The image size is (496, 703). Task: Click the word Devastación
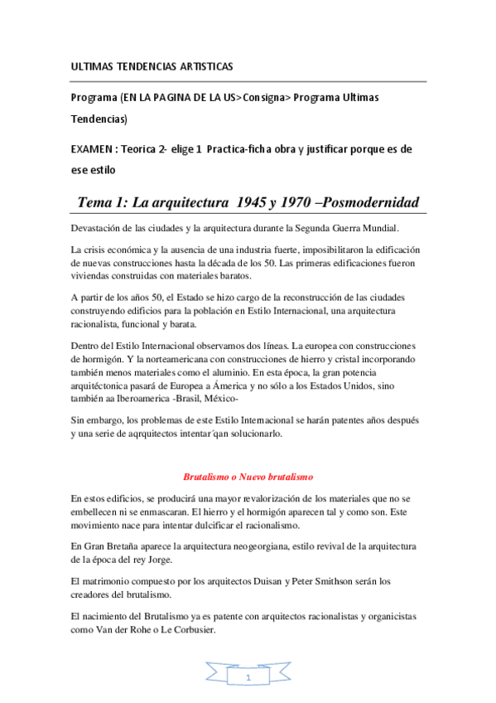coord(100,228)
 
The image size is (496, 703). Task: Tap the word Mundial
coord(378,228)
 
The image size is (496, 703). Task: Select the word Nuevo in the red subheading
coord(256,477)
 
